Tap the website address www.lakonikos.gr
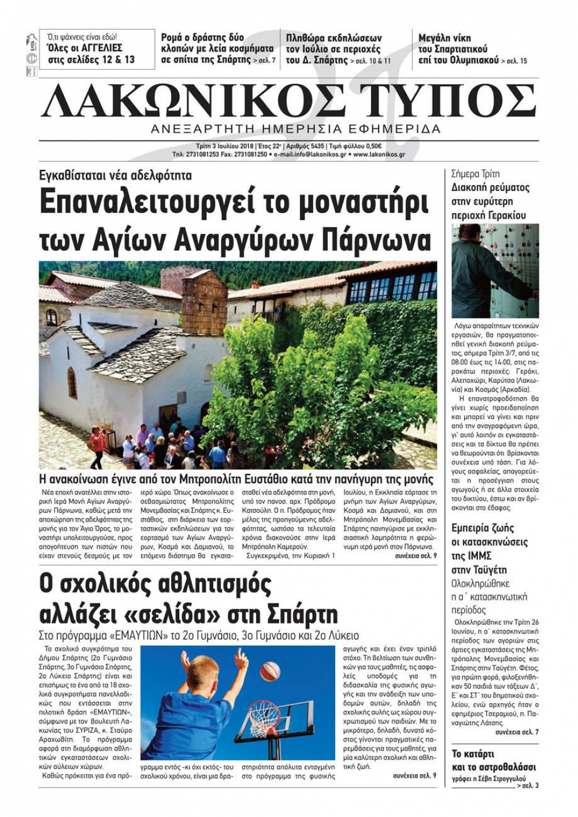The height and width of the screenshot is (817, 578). point(379,155)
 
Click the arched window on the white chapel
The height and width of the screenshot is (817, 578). point(72,383)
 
